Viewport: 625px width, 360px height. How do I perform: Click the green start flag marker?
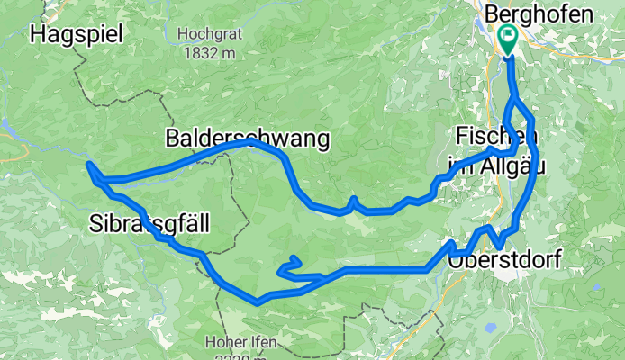[507, 39]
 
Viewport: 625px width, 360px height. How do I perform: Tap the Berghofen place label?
[539, 14]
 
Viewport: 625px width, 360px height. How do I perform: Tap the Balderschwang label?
[247, 139]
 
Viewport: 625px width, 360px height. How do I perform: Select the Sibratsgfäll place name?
[149, 224]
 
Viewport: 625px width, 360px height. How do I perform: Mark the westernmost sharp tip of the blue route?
[87, 164]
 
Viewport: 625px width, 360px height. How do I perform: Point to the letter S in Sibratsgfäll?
[96, 224]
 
